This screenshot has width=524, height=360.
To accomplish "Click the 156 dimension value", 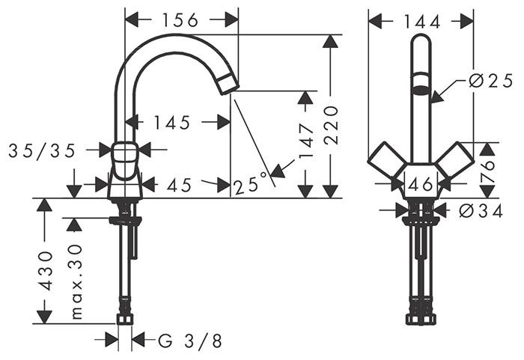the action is click(x=180, y=20).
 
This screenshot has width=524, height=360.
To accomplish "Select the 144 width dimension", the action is click(x=422, y=22).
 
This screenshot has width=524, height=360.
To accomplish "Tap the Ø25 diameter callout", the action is click(x=490, y=81).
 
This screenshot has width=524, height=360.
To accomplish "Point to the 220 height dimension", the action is click(x=331, y=125).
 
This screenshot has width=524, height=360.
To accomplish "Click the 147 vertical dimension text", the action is click(x=306, y=141).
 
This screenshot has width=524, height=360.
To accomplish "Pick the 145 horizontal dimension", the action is click(x=171, y=123).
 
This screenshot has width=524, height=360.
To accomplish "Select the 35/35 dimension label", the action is click(x=42, y=151).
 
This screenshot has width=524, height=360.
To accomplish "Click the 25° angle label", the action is click(x=251, y=183).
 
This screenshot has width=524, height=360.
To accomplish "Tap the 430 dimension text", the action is click(x=45, y=271).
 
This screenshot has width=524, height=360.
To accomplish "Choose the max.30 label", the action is click(x=76, y=281).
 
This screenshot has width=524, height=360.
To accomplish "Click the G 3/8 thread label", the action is click(x=190, y=341).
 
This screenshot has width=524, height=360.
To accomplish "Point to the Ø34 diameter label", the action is click(x=481, y=211).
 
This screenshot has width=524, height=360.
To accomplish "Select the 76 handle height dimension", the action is click(x=487, y=171).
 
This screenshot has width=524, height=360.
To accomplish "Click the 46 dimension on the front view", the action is click(x=421, y=184).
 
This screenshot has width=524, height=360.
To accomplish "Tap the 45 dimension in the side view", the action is click(x=179, y=185).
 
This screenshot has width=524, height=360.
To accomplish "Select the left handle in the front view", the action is click(x=387, y=159).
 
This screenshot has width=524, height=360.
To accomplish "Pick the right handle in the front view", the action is click(x=455, y=159).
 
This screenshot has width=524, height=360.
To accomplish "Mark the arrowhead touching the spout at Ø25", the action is click(x=436, y=97).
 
